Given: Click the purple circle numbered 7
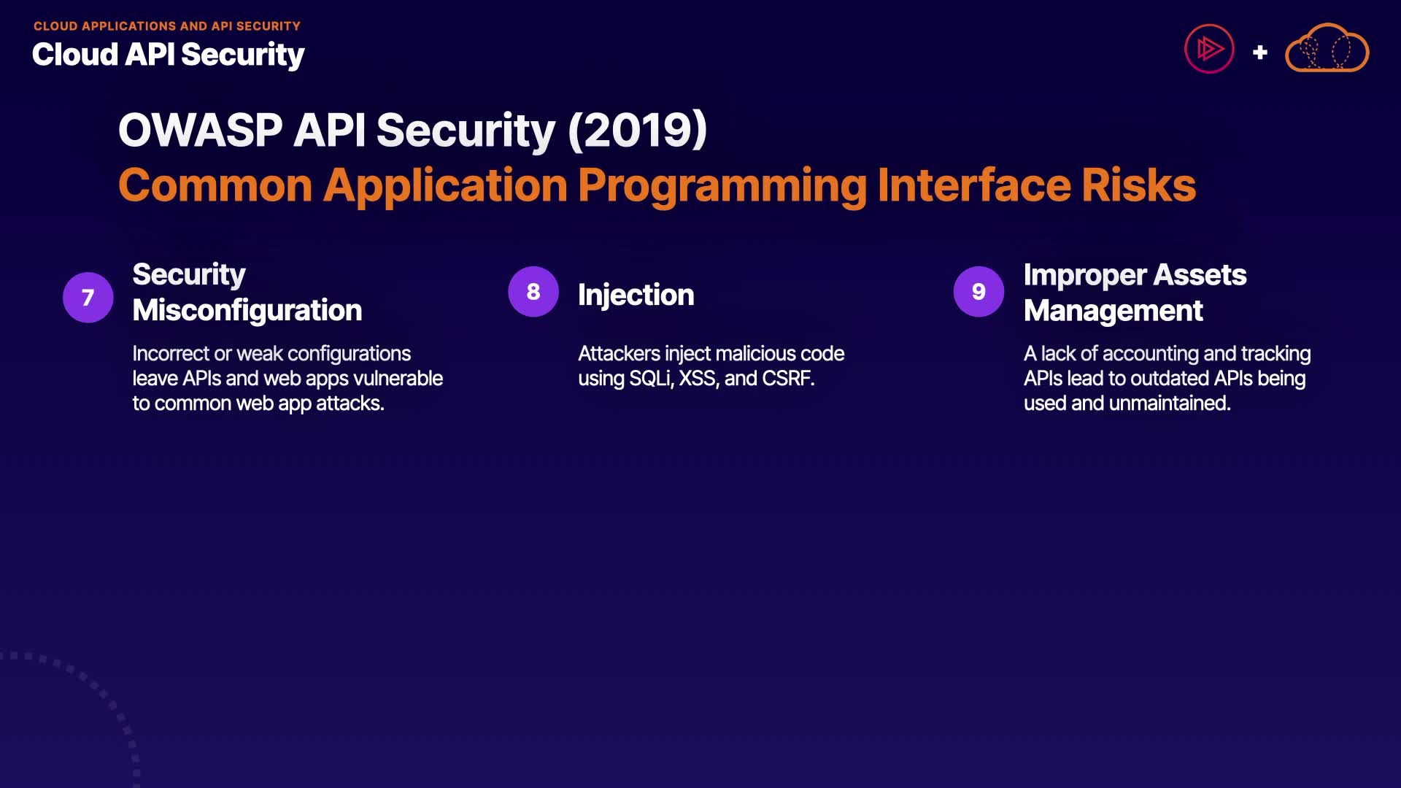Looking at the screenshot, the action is (x=88, y=297).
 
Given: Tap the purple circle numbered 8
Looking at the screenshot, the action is (x=533, y=291).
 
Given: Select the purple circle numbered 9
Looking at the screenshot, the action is (x=979, y=291).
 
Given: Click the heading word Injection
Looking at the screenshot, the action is (x=636, y=295).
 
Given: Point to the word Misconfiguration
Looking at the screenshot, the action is (x=247, y=311).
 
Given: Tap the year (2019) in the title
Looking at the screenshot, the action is (x=637, y=130).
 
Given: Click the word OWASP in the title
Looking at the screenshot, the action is (x=200, y=130).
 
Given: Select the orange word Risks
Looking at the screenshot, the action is (x=1139, y=185).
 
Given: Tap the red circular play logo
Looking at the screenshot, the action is (x=1209, y=49).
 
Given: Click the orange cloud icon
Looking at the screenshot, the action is (x=1327, y=48).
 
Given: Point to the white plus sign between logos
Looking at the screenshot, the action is (x=1259, y=52).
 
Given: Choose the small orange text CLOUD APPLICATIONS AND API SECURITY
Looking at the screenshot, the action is (x=167, y=26).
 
